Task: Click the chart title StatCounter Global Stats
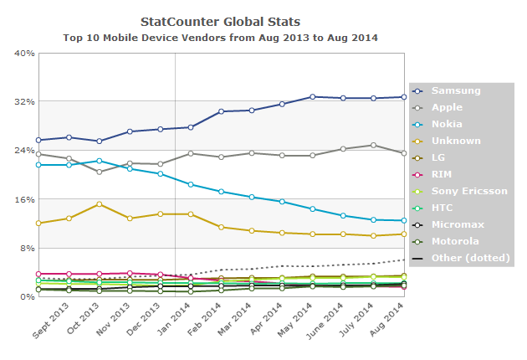(x=221, y=21)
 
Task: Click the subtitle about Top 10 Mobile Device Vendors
(x=221, y=38)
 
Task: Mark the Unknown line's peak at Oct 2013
(x=100, y=203)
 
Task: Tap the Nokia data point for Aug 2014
(x=403, y=221)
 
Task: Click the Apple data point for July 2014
(x=373, y=145)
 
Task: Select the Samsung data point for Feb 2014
(x=221, y=111)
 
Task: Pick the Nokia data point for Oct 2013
(x=100, y=161)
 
